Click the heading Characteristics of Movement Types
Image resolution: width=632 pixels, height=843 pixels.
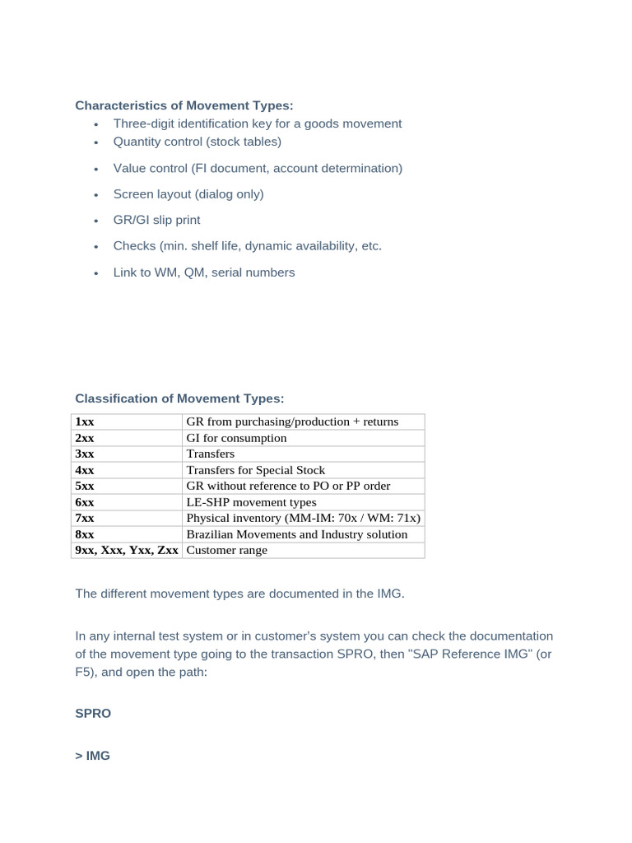pos(184,105)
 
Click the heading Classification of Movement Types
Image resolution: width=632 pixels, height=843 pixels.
pos(179,398)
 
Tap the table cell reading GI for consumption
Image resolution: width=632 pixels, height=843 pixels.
pos(237,438)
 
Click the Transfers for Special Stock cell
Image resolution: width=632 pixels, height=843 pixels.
pos(256,470)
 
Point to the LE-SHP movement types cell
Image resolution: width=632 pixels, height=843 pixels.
pos(251,502)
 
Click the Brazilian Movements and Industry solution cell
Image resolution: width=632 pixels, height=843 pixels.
pos(297,534)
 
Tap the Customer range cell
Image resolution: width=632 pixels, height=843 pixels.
pos(227,550)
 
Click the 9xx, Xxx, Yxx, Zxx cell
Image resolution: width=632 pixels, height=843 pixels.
pos(127,550)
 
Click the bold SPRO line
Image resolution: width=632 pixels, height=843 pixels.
pos(93,714)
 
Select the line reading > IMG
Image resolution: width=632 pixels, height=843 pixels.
pos(92,756)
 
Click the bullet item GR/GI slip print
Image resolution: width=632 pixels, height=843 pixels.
pos(156,220)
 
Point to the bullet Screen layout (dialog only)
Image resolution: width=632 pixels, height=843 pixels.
pos(188,194)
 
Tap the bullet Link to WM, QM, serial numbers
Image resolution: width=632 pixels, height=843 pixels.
pos(203,272)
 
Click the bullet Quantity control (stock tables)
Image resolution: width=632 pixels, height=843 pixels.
pos(197,142)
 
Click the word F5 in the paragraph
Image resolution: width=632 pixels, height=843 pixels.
pos(85,672)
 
